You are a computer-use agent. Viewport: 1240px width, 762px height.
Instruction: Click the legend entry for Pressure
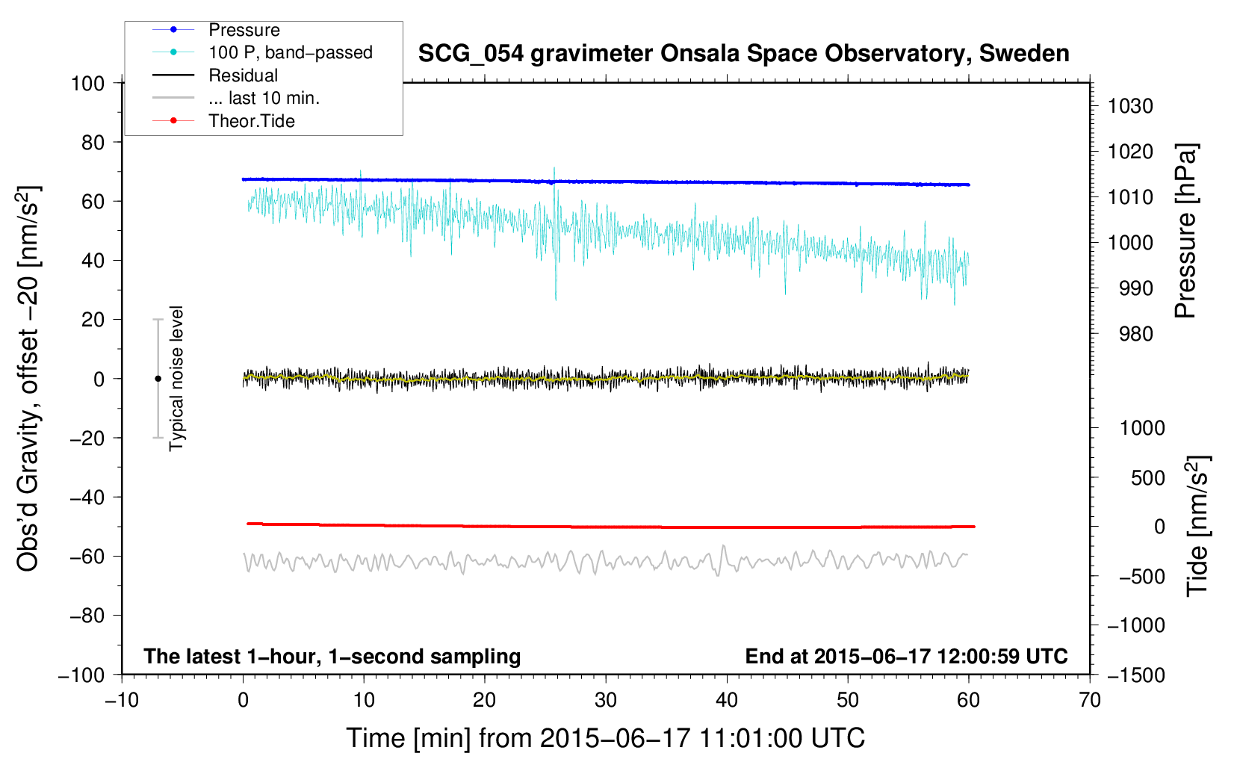[244, 30]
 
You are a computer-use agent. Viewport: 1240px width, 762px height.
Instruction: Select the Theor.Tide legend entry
[251, 121]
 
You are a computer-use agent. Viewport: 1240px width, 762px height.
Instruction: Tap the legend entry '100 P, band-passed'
[290, 53]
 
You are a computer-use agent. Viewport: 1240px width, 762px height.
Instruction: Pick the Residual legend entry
[243, 75]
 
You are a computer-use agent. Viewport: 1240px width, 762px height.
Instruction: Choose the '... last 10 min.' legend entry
[264, 99]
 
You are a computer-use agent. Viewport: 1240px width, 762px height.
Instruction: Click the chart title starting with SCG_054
[743, 54]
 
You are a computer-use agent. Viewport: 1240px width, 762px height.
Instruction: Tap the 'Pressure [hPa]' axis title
[1185, 231]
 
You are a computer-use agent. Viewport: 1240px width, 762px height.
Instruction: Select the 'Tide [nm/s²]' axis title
[1197, 526]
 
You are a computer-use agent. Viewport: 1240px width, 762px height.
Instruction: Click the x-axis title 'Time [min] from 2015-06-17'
[605, 738]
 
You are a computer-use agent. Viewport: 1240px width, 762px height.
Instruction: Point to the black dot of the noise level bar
[158, 379]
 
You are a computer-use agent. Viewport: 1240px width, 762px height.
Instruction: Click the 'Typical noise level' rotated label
[176, 378]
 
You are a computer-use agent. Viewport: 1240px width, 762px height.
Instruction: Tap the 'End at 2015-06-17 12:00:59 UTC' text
[906, 656]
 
